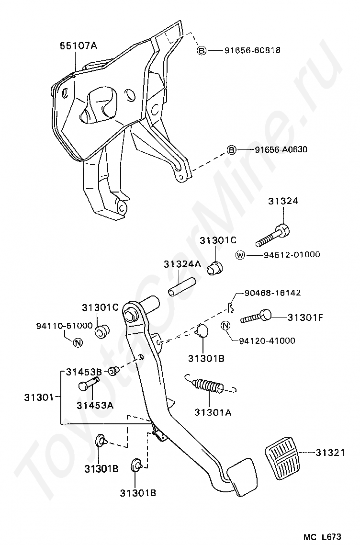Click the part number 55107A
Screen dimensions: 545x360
pos(78,46)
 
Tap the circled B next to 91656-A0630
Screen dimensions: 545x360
pos(232,150)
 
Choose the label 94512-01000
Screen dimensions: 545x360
pos(292,255)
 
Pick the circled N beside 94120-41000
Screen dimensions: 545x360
pos(227,327)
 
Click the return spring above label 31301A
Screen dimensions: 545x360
pos(209,386)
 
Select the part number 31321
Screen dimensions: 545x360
pos(330,452)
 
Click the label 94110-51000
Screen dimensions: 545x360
pos(64,326)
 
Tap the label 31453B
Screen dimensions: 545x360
pos(84,372)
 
